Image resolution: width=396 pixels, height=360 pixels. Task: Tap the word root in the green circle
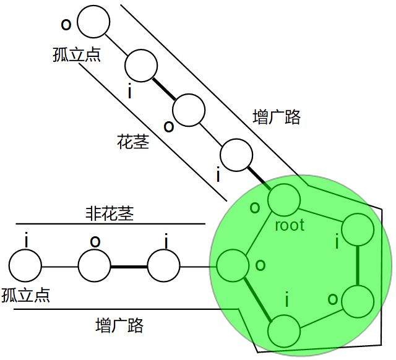[290, 225]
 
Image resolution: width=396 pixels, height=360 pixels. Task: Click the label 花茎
[133, 142]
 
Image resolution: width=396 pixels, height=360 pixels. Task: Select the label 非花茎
[109, 213]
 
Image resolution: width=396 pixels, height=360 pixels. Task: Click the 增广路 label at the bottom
[120, 325]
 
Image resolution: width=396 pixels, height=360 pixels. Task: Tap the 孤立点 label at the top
[77, 54]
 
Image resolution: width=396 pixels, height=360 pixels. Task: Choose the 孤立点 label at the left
[26, 294]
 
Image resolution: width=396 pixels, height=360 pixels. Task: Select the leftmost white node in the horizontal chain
[25, 267]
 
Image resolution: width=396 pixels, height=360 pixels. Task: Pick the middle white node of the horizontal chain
[95, 267]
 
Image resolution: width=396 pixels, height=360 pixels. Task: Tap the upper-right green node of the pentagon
[358, 230]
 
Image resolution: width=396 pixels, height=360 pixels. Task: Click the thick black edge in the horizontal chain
[129, 267]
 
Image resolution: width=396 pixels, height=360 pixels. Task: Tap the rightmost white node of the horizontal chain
[164, 267]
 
